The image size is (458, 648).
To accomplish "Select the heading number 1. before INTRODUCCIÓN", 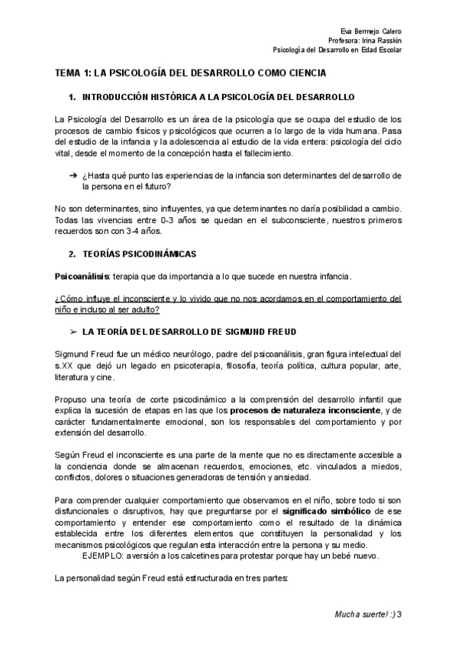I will pos(73,99).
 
